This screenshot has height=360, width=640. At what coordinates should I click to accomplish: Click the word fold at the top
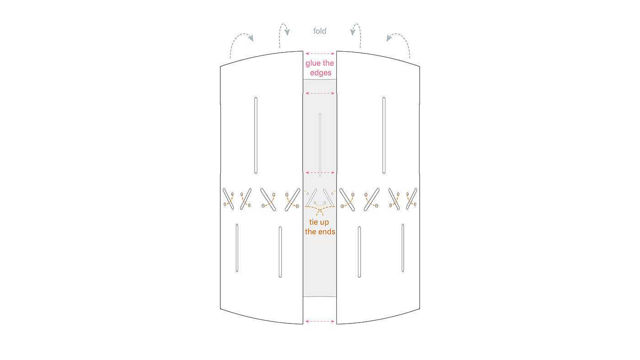[320, 31]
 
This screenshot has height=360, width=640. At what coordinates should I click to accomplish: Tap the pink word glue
[314, 64]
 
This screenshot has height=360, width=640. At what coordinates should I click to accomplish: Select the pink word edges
[320, 73]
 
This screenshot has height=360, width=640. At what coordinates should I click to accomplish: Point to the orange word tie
[314, 222]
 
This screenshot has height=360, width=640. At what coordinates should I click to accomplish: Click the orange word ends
[326, 232]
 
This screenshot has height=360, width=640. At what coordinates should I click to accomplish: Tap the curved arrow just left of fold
[284, 34]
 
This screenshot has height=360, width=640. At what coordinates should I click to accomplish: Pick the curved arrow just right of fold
[356, 34]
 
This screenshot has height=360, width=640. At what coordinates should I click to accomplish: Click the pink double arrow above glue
[320, 54]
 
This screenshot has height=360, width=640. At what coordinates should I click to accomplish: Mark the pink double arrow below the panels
[320, 322]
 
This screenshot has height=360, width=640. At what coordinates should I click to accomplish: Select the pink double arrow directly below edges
[320, 93]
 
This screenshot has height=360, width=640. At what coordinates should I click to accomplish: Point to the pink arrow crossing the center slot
[320, 173]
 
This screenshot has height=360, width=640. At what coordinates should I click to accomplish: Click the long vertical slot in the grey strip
[320, 144]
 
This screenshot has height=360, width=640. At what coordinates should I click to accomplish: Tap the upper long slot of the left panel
[256, 135]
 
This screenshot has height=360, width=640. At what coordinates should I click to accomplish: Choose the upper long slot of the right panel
[384, 135]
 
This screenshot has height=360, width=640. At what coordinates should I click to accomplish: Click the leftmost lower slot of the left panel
[237, 248]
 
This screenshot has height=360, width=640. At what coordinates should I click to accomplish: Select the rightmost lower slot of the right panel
[403, 248]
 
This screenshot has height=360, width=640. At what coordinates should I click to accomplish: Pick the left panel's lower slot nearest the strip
[280, 252]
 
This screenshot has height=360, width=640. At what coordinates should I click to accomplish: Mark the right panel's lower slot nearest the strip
[359, 252]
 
